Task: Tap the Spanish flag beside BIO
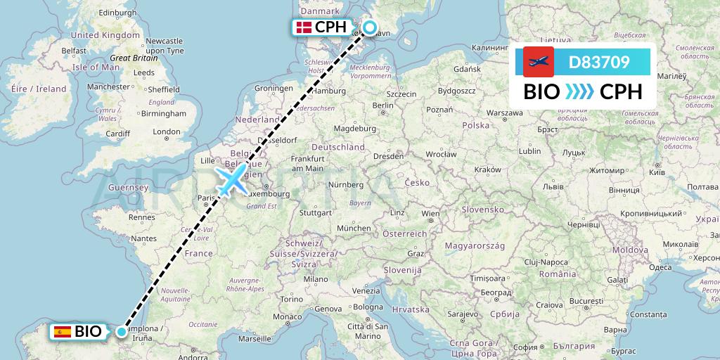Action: click(x=62, y=331)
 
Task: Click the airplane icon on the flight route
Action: click(x=232, y=180)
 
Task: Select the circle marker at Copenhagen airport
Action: click(x=370, y=29)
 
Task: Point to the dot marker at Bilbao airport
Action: click(x=122, y=331)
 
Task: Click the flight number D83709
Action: click(x=598, y=63)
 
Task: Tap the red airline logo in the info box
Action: click(x=539, y=62)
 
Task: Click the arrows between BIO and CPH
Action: click(x=580, y=92)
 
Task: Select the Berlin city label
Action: click(x=382, y=105)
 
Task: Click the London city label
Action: click(x=167, y=131)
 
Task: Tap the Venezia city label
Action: click(x=366, y=291)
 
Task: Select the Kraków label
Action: click(x=487, y=170)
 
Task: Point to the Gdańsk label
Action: click(x=467, y=69)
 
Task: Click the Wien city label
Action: click(x=430, y=213)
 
